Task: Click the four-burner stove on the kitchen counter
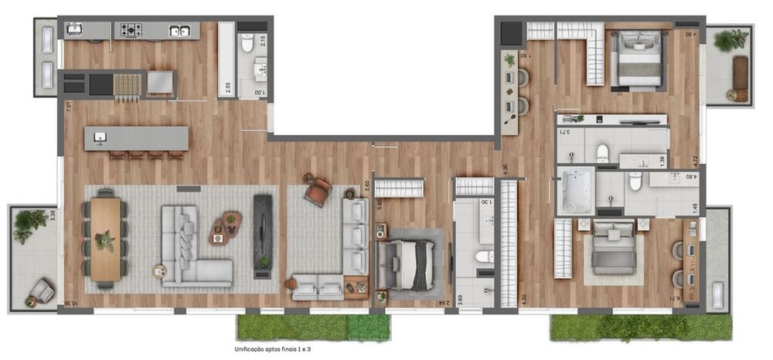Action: coord(130,30)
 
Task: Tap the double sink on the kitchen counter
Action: coord(180,31)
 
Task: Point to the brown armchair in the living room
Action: coord(318,192)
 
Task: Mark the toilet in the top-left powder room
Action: coord(247,43)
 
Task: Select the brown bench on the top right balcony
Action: coord(741,73)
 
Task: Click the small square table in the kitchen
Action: coord(161,82)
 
